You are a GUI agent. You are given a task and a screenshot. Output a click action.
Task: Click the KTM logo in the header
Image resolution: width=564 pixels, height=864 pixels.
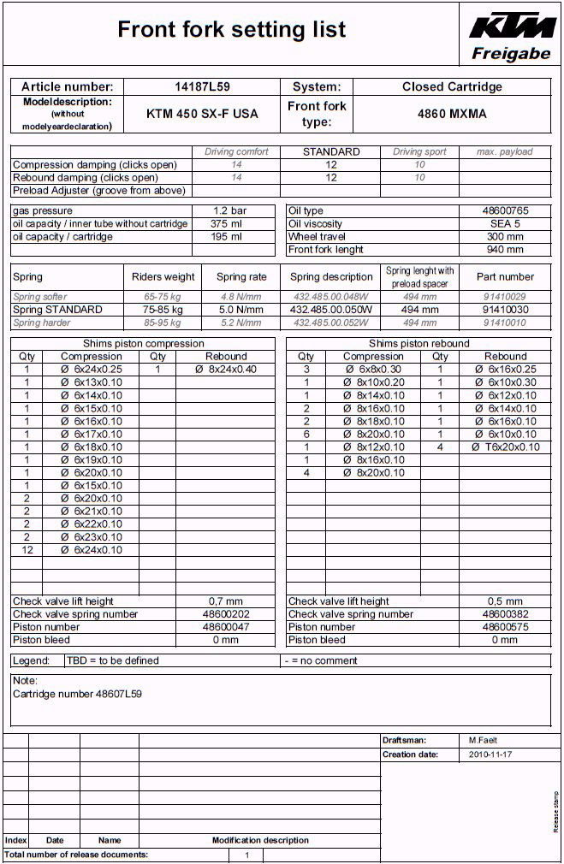[x=512, y=25]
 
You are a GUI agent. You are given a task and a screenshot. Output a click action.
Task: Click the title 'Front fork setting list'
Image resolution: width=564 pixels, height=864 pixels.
[x=232, y=30]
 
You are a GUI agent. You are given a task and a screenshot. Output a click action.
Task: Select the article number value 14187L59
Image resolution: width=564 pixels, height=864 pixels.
[x=202, y=86]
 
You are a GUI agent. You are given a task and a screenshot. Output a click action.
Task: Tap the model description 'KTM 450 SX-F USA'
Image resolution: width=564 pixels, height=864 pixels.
[x=202, y=114]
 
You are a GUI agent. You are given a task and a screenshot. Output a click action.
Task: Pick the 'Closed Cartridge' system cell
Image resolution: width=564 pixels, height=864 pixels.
[x=452, y=86]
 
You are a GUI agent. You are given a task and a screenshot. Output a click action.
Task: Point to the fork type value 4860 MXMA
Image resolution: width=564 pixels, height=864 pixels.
[x=452, y=114]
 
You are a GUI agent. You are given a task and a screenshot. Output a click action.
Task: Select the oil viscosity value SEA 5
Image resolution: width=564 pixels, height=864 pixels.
[x=504, y=224]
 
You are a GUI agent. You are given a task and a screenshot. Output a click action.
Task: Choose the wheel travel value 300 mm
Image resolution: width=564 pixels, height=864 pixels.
[x=504, y=237]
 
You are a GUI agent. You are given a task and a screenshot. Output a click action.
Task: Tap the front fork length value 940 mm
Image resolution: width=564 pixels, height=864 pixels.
[x=504, y=250]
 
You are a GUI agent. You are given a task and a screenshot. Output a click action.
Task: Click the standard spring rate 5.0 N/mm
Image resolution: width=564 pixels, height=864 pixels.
[x=241, y=310]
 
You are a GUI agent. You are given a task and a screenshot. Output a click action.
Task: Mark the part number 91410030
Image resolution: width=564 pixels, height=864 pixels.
[x=505, y=310]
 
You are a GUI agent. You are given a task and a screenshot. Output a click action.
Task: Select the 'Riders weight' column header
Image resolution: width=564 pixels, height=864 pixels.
[x=163, y=277]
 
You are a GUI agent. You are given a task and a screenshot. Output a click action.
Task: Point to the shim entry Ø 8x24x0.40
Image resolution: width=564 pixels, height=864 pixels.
[x=226, y=370]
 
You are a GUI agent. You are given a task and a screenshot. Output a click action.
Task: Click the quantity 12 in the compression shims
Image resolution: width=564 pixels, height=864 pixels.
[x=27, y=550]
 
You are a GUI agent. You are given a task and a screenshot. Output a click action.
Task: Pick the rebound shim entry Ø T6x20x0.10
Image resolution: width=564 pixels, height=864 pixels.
[x=505, y=447]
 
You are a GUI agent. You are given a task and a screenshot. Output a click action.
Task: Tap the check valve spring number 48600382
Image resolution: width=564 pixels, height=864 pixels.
[x=504, y=614]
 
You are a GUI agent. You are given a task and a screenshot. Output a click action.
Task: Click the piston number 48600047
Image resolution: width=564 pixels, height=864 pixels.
[x=226, y=627]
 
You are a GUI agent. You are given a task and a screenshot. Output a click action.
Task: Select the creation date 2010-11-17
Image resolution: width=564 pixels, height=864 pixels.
[x=490, y=755]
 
